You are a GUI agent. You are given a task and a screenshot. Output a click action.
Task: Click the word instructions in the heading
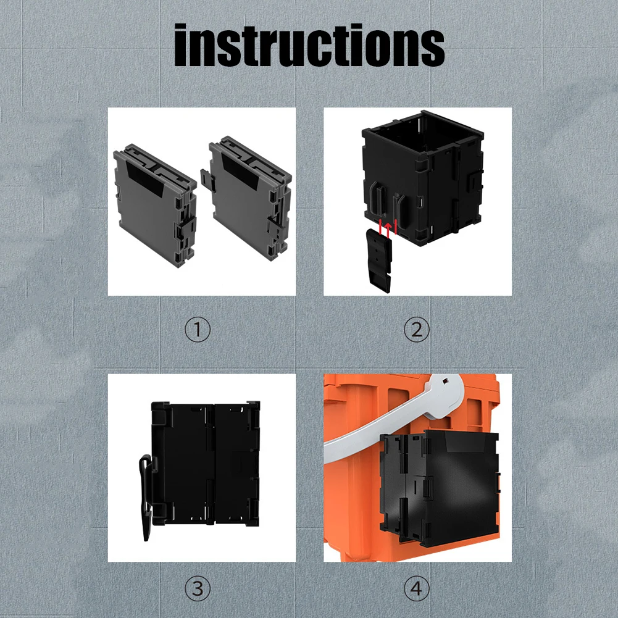tap(309, 45)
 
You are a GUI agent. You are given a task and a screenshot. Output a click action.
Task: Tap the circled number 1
tap(198, 330)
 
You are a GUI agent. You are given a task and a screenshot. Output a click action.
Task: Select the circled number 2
tap(417, 330)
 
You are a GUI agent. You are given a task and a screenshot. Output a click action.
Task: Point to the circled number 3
tap(198, 589)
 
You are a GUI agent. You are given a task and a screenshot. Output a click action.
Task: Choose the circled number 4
tap(417, 589)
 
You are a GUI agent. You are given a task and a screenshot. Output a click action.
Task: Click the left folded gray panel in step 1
tap(155, 206)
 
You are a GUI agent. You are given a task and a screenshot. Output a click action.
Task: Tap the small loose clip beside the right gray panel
tap(207, 180)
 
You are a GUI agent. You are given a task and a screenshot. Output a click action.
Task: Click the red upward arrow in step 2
tap(388, 230)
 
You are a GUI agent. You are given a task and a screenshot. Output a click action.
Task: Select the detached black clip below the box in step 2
tap(379, 260)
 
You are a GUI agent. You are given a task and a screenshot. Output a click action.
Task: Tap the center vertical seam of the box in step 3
tap(214, 464)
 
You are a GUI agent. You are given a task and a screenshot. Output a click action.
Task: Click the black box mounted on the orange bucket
tap(439, 489)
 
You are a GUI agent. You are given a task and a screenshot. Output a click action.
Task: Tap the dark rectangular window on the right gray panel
tap(240, 170)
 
